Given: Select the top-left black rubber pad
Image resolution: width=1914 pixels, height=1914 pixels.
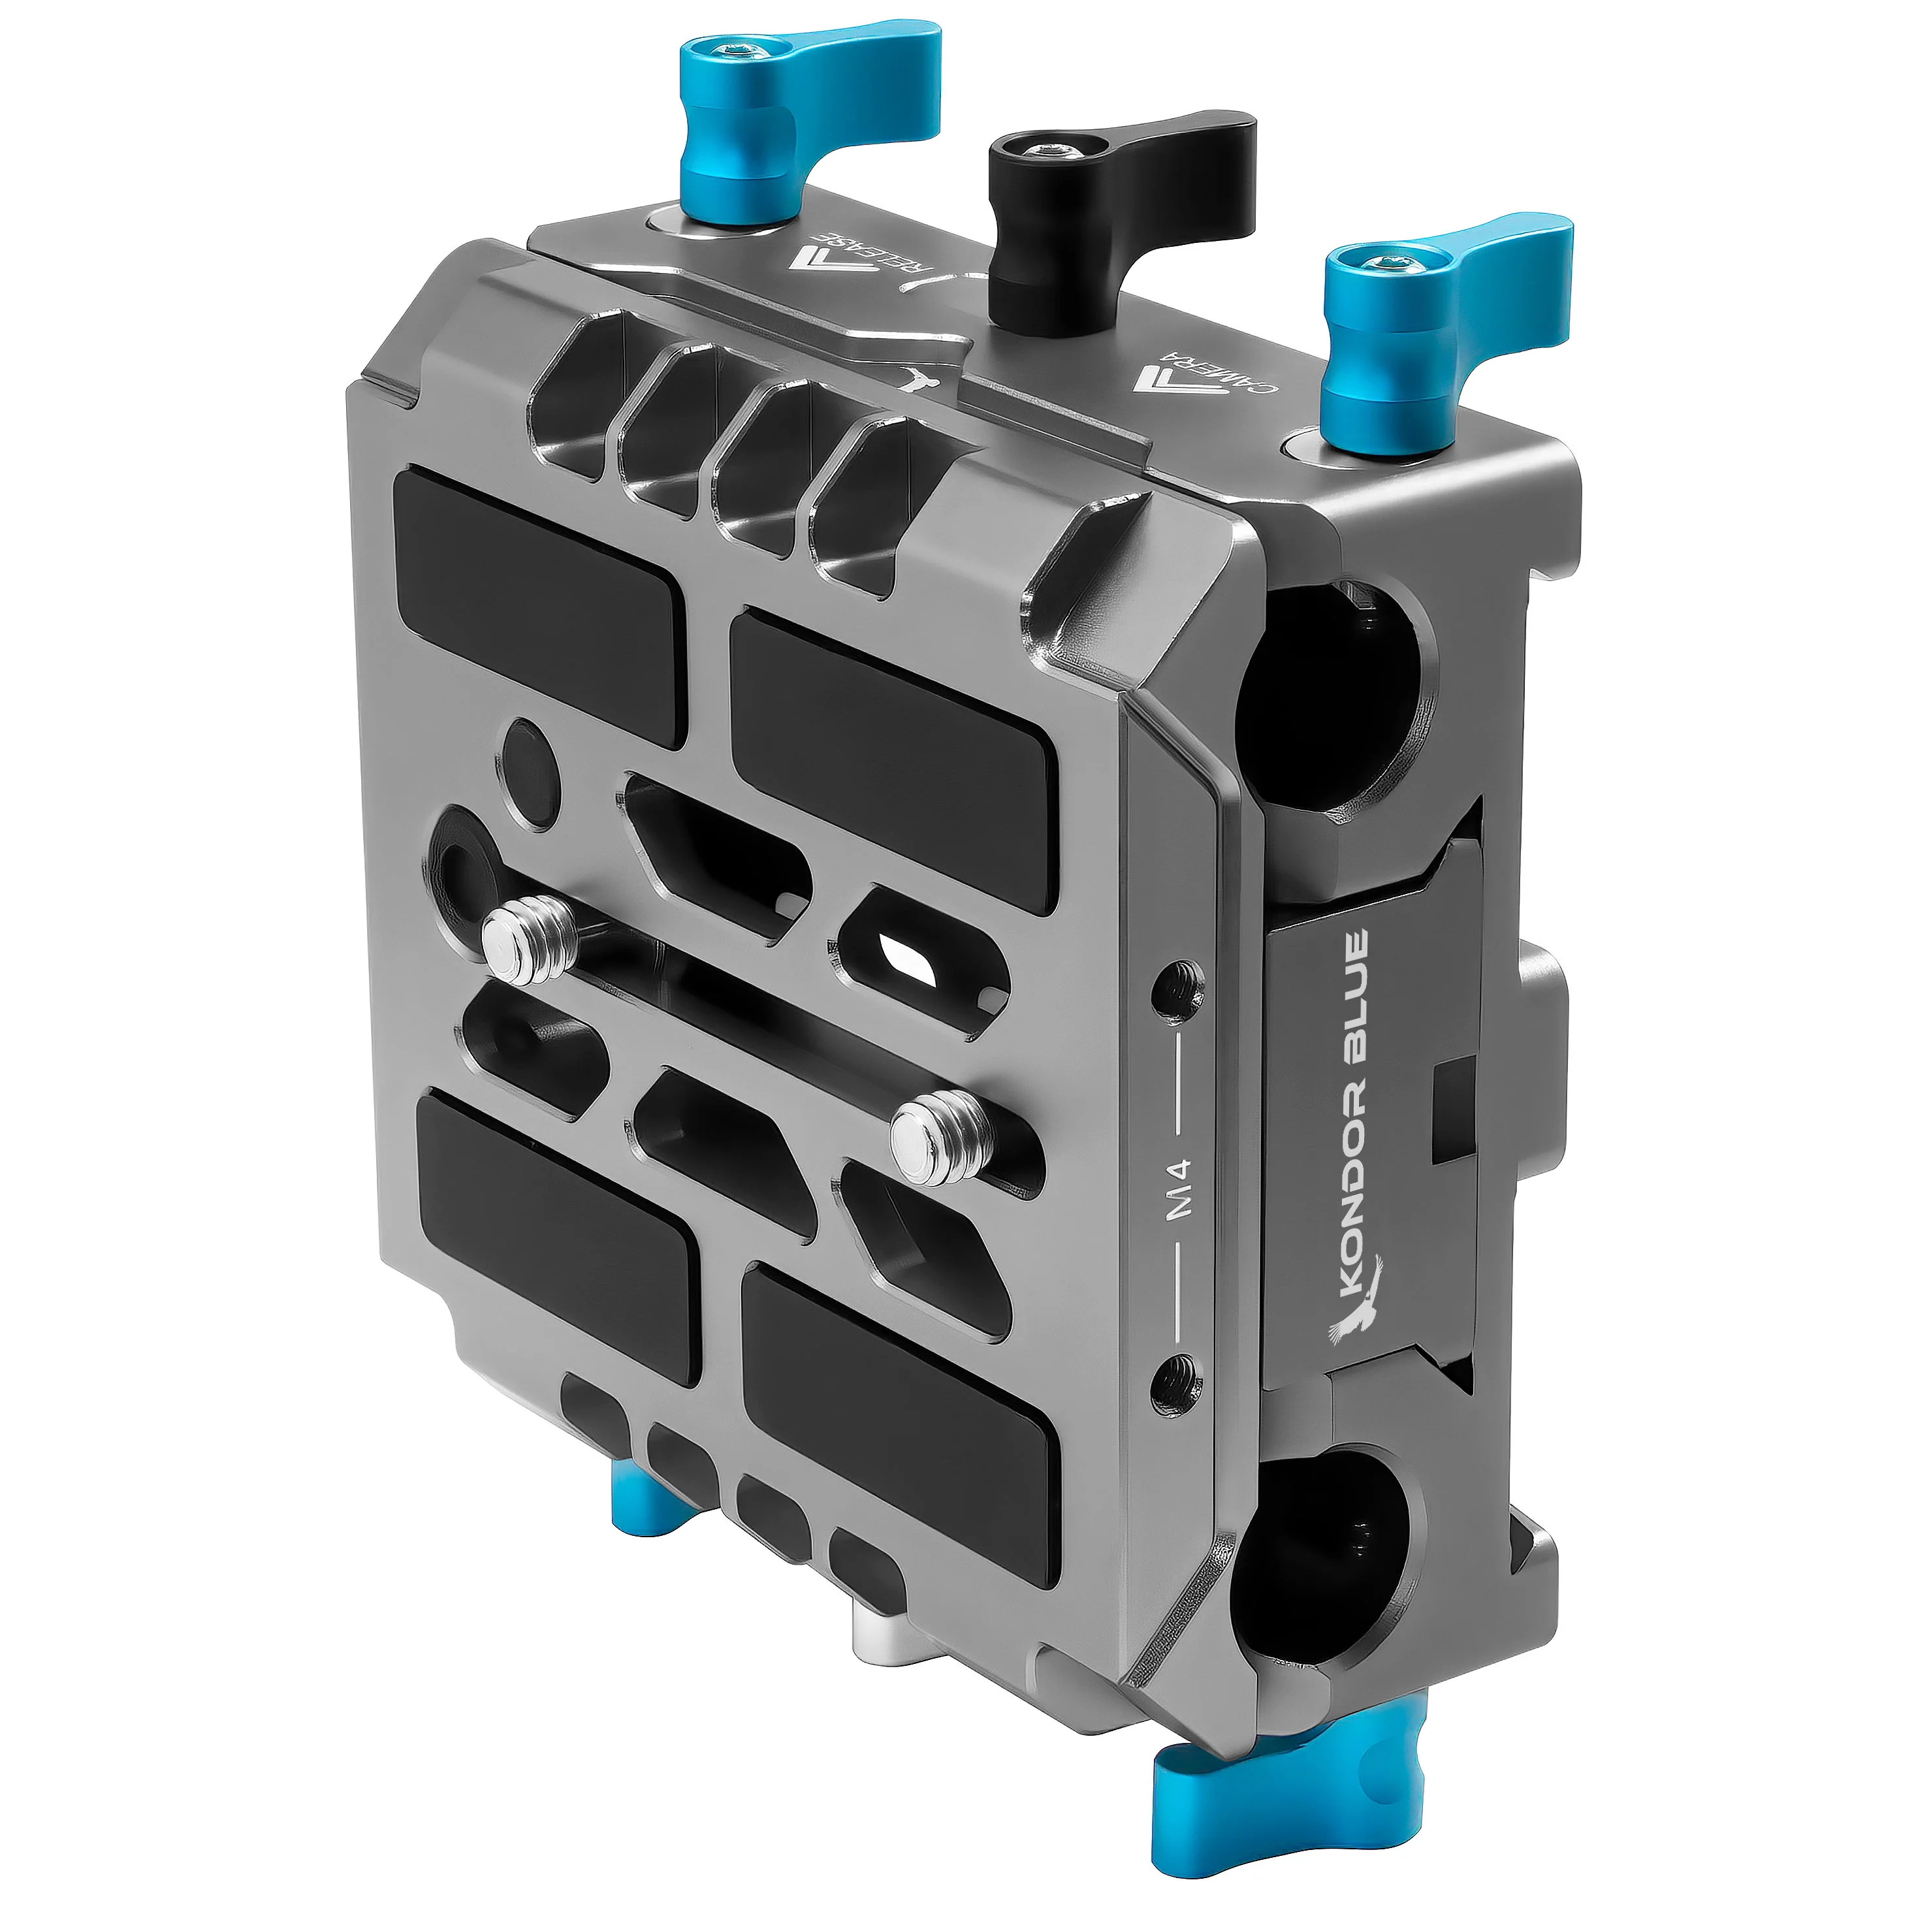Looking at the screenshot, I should pyautogui.click(x=540, y=604).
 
